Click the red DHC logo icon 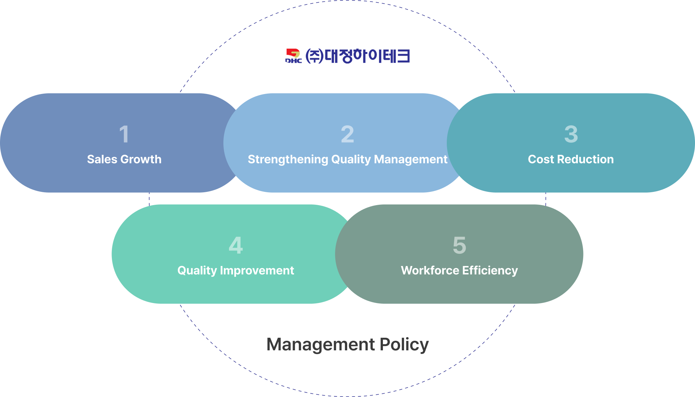click(293, 56)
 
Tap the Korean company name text click(357, 56)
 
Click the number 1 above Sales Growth click(124, 134)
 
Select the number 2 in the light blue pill click(347, 134)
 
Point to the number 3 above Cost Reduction click(571, 134)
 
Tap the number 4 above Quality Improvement click(236, 245)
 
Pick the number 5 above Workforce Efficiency click(459, 245)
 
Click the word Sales click(102, 159)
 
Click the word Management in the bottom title click(321, 345)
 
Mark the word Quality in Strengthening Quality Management click(351, 160)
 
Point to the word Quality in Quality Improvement click(197, 271)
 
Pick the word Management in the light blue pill click(411, 160)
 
